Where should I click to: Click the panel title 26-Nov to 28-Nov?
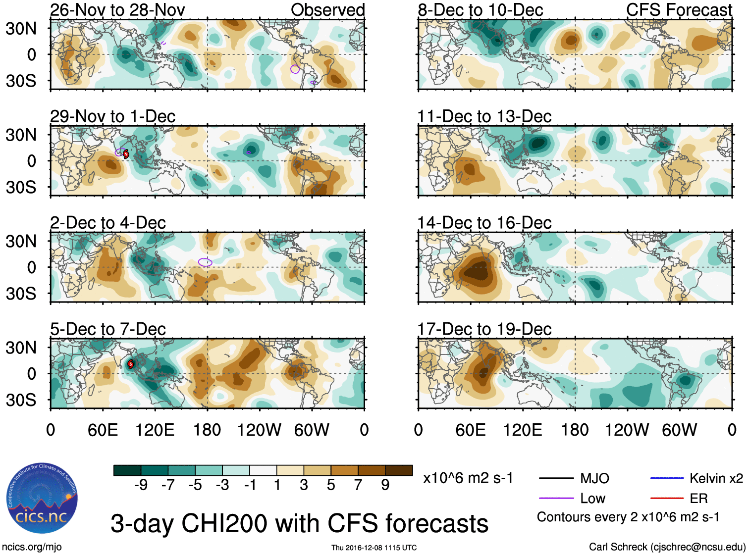117,10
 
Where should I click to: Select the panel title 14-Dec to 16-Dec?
484,223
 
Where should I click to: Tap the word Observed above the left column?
327,10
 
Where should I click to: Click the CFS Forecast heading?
679,10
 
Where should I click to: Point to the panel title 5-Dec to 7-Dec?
108,329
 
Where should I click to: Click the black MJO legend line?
556,478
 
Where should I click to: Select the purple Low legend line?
556,499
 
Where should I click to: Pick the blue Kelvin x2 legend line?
667,478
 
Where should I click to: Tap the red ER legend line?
667,499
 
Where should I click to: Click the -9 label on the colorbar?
141,485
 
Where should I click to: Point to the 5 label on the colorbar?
331,485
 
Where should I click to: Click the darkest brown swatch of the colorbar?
399,470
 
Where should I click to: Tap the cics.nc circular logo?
42,498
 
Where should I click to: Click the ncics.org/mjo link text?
32,547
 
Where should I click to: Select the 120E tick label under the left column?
155,430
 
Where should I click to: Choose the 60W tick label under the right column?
679,430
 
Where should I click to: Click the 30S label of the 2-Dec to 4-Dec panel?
21,294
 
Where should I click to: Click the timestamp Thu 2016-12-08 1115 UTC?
374,548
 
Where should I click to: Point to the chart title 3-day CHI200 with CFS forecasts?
299,523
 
